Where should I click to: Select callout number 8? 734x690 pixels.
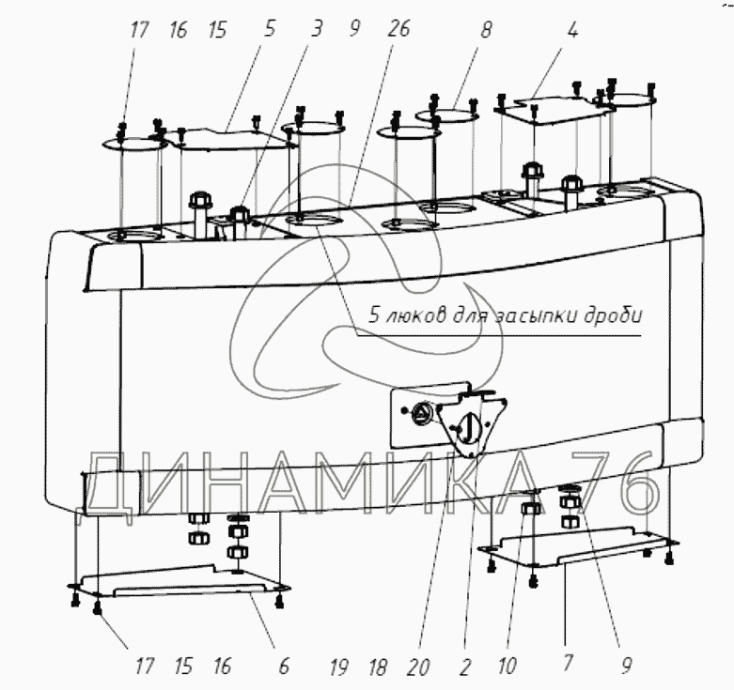(x=486, y=30)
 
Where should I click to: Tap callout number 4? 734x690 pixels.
(x=572, y=30)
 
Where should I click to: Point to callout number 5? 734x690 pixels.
(x=270, y=30)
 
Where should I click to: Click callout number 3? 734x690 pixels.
(x=318, y=30)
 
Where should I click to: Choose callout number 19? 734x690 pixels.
(x=339, y=667)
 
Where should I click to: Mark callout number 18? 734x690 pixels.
(x=379, y=667)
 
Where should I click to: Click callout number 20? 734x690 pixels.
(x=419, y=667)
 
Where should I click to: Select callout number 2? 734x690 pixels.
(x=464, y=667)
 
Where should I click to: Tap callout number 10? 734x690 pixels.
(x=508, y=667)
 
